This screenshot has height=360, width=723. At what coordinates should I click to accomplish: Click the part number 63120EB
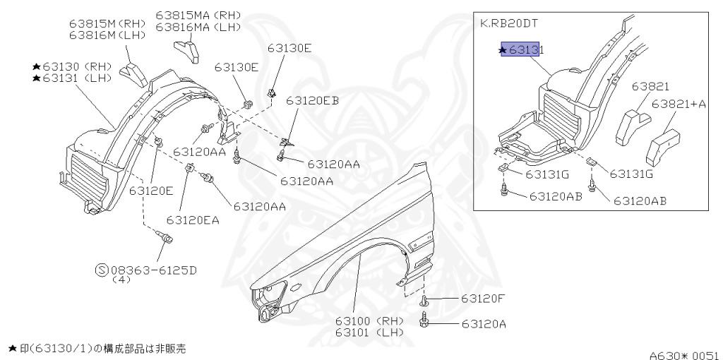(x=312, y=101)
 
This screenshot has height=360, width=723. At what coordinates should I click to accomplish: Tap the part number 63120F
(x=484, y=299)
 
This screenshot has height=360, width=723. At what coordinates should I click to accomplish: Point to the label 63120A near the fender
(x=484, y=325)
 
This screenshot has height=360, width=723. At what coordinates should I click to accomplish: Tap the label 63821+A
(x=679, y=104)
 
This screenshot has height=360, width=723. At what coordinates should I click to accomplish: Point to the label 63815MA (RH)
(x=198, y=16)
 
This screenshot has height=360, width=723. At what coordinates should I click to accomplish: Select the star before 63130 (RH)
(x=36, y=66)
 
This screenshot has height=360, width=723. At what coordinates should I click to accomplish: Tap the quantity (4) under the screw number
(x=122, y=280)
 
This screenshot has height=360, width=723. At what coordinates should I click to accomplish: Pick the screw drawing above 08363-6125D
(x=167, y=240)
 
